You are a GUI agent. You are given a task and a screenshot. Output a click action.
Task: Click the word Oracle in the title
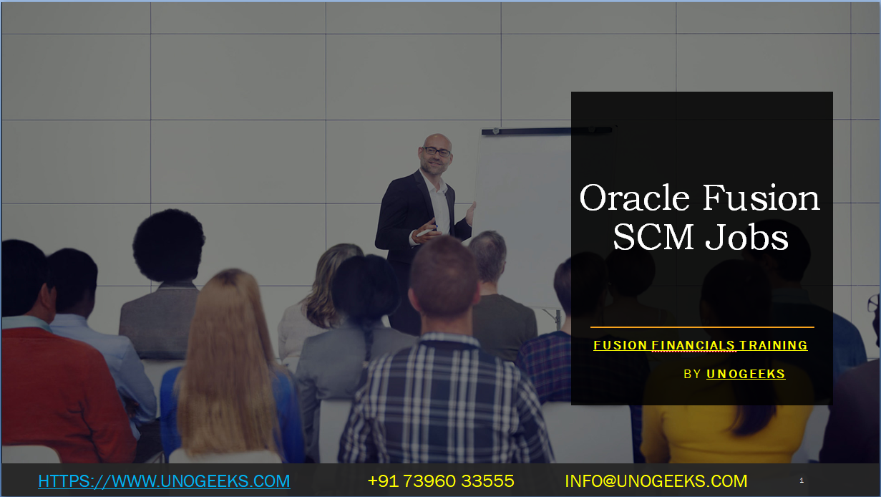pos(634,197)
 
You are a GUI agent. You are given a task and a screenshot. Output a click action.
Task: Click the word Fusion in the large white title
pos(761,197)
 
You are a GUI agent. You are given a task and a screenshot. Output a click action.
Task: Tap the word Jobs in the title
pos(747,237)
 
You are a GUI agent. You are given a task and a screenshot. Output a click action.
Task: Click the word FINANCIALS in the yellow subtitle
pos(693,345)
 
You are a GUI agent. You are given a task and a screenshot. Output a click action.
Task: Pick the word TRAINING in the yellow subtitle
pos(774,345)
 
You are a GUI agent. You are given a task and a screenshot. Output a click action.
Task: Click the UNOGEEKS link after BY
pos(746,374)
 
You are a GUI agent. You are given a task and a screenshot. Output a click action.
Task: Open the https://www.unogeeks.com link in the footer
pos(164,481)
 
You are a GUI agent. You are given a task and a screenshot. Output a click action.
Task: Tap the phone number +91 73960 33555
pos(441,481)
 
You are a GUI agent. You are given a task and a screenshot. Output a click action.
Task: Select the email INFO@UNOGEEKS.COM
pos(656,481)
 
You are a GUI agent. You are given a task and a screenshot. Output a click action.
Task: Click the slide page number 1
pos(802,480)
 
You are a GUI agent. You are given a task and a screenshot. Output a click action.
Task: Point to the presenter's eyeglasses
pos(437,152)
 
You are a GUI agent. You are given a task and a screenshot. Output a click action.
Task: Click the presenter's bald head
pos(437,140)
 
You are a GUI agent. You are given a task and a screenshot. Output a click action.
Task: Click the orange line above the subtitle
pos(702,327)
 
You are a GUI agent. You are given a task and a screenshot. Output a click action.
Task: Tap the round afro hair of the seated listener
pos(168,245)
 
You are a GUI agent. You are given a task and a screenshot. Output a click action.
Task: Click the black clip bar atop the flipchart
pos(547,130)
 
